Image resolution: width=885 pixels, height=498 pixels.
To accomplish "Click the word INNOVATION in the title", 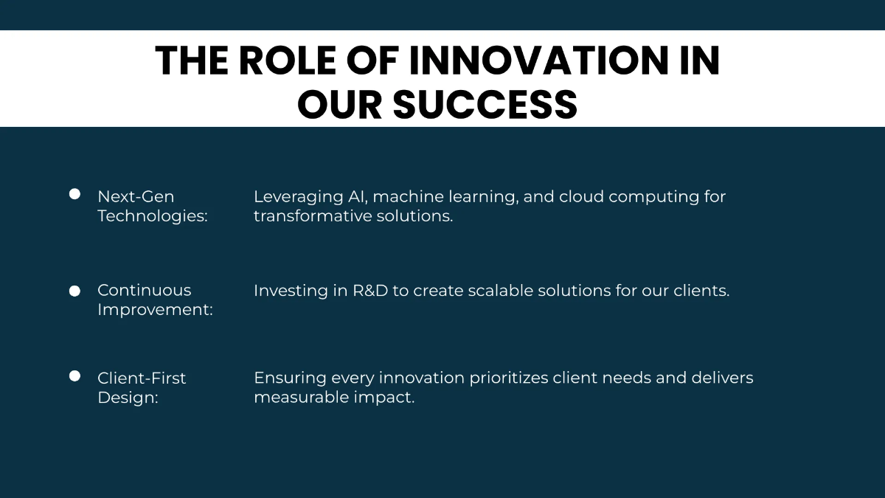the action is pyautogui.click(x=538, y=60).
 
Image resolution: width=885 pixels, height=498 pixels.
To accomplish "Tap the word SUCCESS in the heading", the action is pyautogui.click(x=485, y=104).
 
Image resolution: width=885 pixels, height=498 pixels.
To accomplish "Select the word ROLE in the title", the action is pyautogui.click(x=287, y=60).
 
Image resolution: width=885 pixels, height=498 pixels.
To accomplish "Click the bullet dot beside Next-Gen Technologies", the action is pyautogui.click(x=74, y=194).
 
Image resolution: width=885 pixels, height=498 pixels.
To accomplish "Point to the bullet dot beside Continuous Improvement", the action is pyautogui.click(x=74, y=291).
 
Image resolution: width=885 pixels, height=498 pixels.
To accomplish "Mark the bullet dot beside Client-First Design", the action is pyautogui.click(x=74, y=376).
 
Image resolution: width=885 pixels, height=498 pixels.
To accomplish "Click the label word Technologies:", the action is pyautogui.click(x=153, y=215).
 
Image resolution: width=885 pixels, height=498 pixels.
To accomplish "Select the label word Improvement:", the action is pyautogui.click(x=156, y=309).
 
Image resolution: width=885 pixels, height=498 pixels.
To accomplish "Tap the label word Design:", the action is pyautogui.click(x=128, y=397).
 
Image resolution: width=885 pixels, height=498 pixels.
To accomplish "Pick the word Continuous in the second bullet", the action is pyautogui.click(x=145, y=290).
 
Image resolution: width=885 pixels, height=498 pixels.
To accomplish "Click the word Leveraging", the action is pyautogui.click(x=298, y=197).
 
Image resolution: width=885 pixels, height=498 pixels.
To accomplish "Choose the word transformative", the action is pyautogui.click(x=314, y=215).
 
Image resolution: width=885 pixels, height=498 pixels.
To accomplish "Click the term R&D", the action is pyautogui.click(x=370, y=291).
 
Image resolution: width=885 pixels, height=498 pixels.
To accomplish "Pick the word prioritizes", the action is pyautogui.click(x=509, y=378).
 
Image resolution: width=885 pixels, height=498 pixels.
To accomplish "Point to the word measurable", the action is pyautogui.click(x=302, y=397).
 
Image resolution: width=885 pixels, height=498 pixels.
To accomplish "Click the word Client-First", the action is pyautogui.click(x=142, y=378).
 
